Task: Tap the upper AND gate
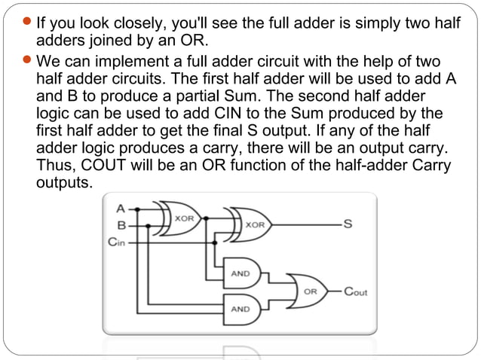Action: [241, 273]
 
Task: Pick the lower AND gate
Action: [241, 308]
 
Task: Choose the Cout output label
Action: [356, 291]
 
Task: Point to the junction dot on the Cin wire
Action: [216, 243]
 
